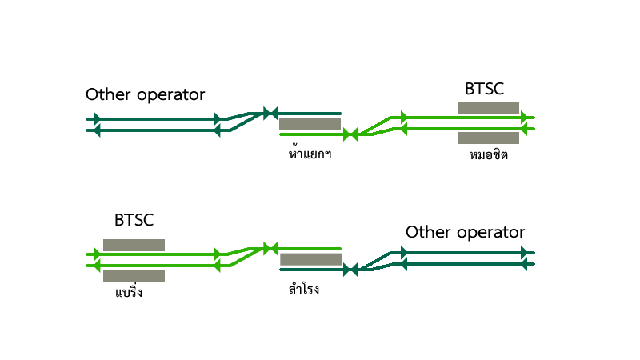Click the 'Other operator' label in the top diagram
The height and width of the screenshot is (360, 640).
(145, 94)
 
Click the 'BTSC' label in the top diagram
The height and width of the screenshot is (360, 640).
(484, 89)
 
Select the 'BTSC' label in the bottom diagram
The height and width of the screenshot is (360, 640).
(134, 220)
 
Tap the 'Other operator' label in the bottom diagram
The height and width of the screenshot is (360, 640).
(465, 233)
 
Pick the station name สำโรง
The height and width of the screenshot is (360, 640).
(304, 288)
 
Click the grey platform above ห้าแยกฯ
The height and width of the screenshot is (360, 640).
(310, 124)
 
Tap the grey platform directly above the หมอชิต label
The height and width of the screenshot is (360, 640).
(488, 138)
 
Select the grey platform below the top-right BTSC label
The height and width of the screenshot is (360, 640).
(488, 107)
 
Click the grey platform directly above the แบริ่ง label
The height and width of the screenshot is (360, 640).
(134, 275)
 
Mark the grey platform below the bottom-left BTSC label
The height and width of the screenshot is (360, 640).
(134, 245)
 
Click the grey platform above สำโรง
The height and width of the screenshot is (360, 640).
(310, 259)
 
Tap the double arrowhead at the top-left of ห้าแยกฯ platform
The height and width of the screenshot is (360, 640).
(270, 113)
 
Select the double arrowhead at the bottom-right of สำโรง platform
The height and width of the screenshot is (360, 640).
(350, 270)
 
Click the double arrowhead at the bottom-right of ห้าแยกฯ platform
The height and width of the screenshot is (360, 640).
(350, 134)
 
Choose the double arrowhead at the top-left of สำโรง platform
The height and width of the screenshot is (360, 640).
(270, 249)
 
